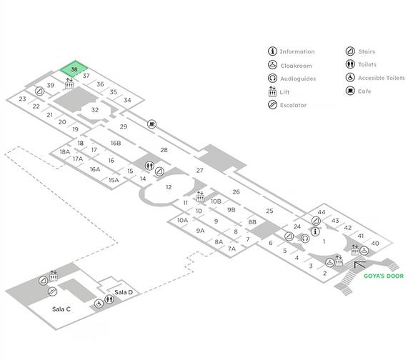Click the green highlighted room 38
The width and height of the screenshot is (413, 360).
[x=74, y=69]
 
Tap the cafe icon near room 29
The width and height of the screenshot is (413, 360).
[x=151, y=124]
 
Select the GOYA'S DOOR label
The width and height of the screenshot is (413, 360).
[x=384, y=276]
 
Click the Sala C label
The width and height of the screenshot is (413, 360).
[x=61, y=309]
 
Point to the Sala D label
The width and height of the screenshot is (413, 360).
[x=124, y=292]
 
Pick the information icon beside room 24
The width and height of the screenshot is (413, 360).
[x=315, y=231]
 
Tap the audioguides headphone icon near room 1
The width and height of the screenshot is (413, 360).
[x=305, y=239]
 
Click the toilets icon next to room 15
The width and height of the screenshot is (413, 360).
[x=149, y=166]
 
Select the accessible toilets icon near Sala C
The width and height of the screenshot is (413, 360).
[x=99, y=304]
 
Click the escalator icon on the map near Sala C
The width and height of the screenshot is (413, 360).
[x=52, y=291]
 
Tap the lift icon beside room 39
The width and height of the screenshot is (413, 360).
[x=69, y=84]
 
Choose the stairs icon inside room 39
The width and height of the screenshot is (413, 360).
[x=40, y=91]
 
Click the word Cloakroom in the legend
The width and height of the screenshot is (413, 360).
[x=296, y=66]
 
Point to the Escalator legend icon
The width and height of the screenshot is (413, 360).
[x=272, y=105]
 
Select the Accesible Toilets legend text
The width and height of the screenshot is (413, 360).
[x=382, y=78]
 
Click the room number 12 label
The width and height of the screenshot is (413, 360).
[x=169, y=187]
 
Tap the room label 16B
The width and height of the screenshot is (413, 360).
[x=116, y=143]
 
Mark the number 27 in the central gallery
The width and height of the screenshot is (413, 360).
[x=199, y=171]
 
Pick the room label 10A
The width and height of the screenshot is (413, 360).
[x=182, y=220]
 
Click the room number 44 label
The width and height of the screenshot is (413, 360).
[x=322, y=212]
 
